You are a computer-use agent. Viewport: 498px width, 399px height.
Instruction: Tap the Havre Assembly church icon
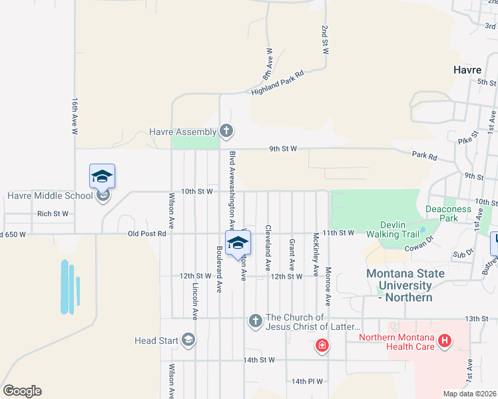point(226,131)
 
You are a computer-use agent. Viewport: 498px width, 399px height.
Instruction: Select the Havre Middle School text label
point(50,196)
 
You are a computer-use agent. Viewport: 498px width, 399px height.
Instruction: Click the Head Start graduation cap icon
point(188,340)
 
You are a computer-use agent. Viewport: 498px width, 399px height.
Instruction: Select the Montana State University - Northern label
point(399,286)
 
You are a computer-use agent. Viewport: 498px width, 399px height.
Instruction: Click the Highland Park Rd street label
point(278,83)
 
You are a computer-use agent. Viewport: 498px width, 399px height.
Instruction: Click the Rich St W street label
point(53,213)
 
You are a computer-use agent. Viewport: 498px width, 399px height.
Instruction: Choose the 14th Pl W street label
point(307,382)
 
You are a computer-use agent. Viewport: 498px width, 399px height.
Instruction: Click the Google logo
point(22,391)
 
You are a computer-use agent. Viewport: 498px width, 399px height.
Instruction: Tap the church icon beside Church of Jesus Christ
point(255,322)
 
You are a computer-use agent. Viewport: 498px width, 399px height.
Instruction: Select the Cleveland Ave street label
point(268,247)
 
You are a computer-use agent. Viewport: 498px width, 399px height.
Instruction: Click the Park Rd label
point(424,156)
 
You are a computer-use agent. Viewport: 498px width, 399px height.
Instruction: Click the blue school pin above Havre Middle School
point(102,176)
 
